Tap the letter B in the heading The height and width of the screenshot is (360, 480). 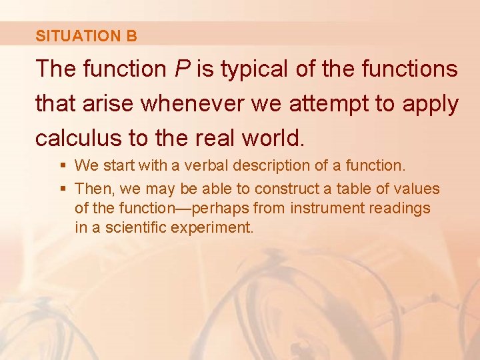(131, 36)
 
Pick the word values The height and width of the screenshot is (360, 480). (417, 189)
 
